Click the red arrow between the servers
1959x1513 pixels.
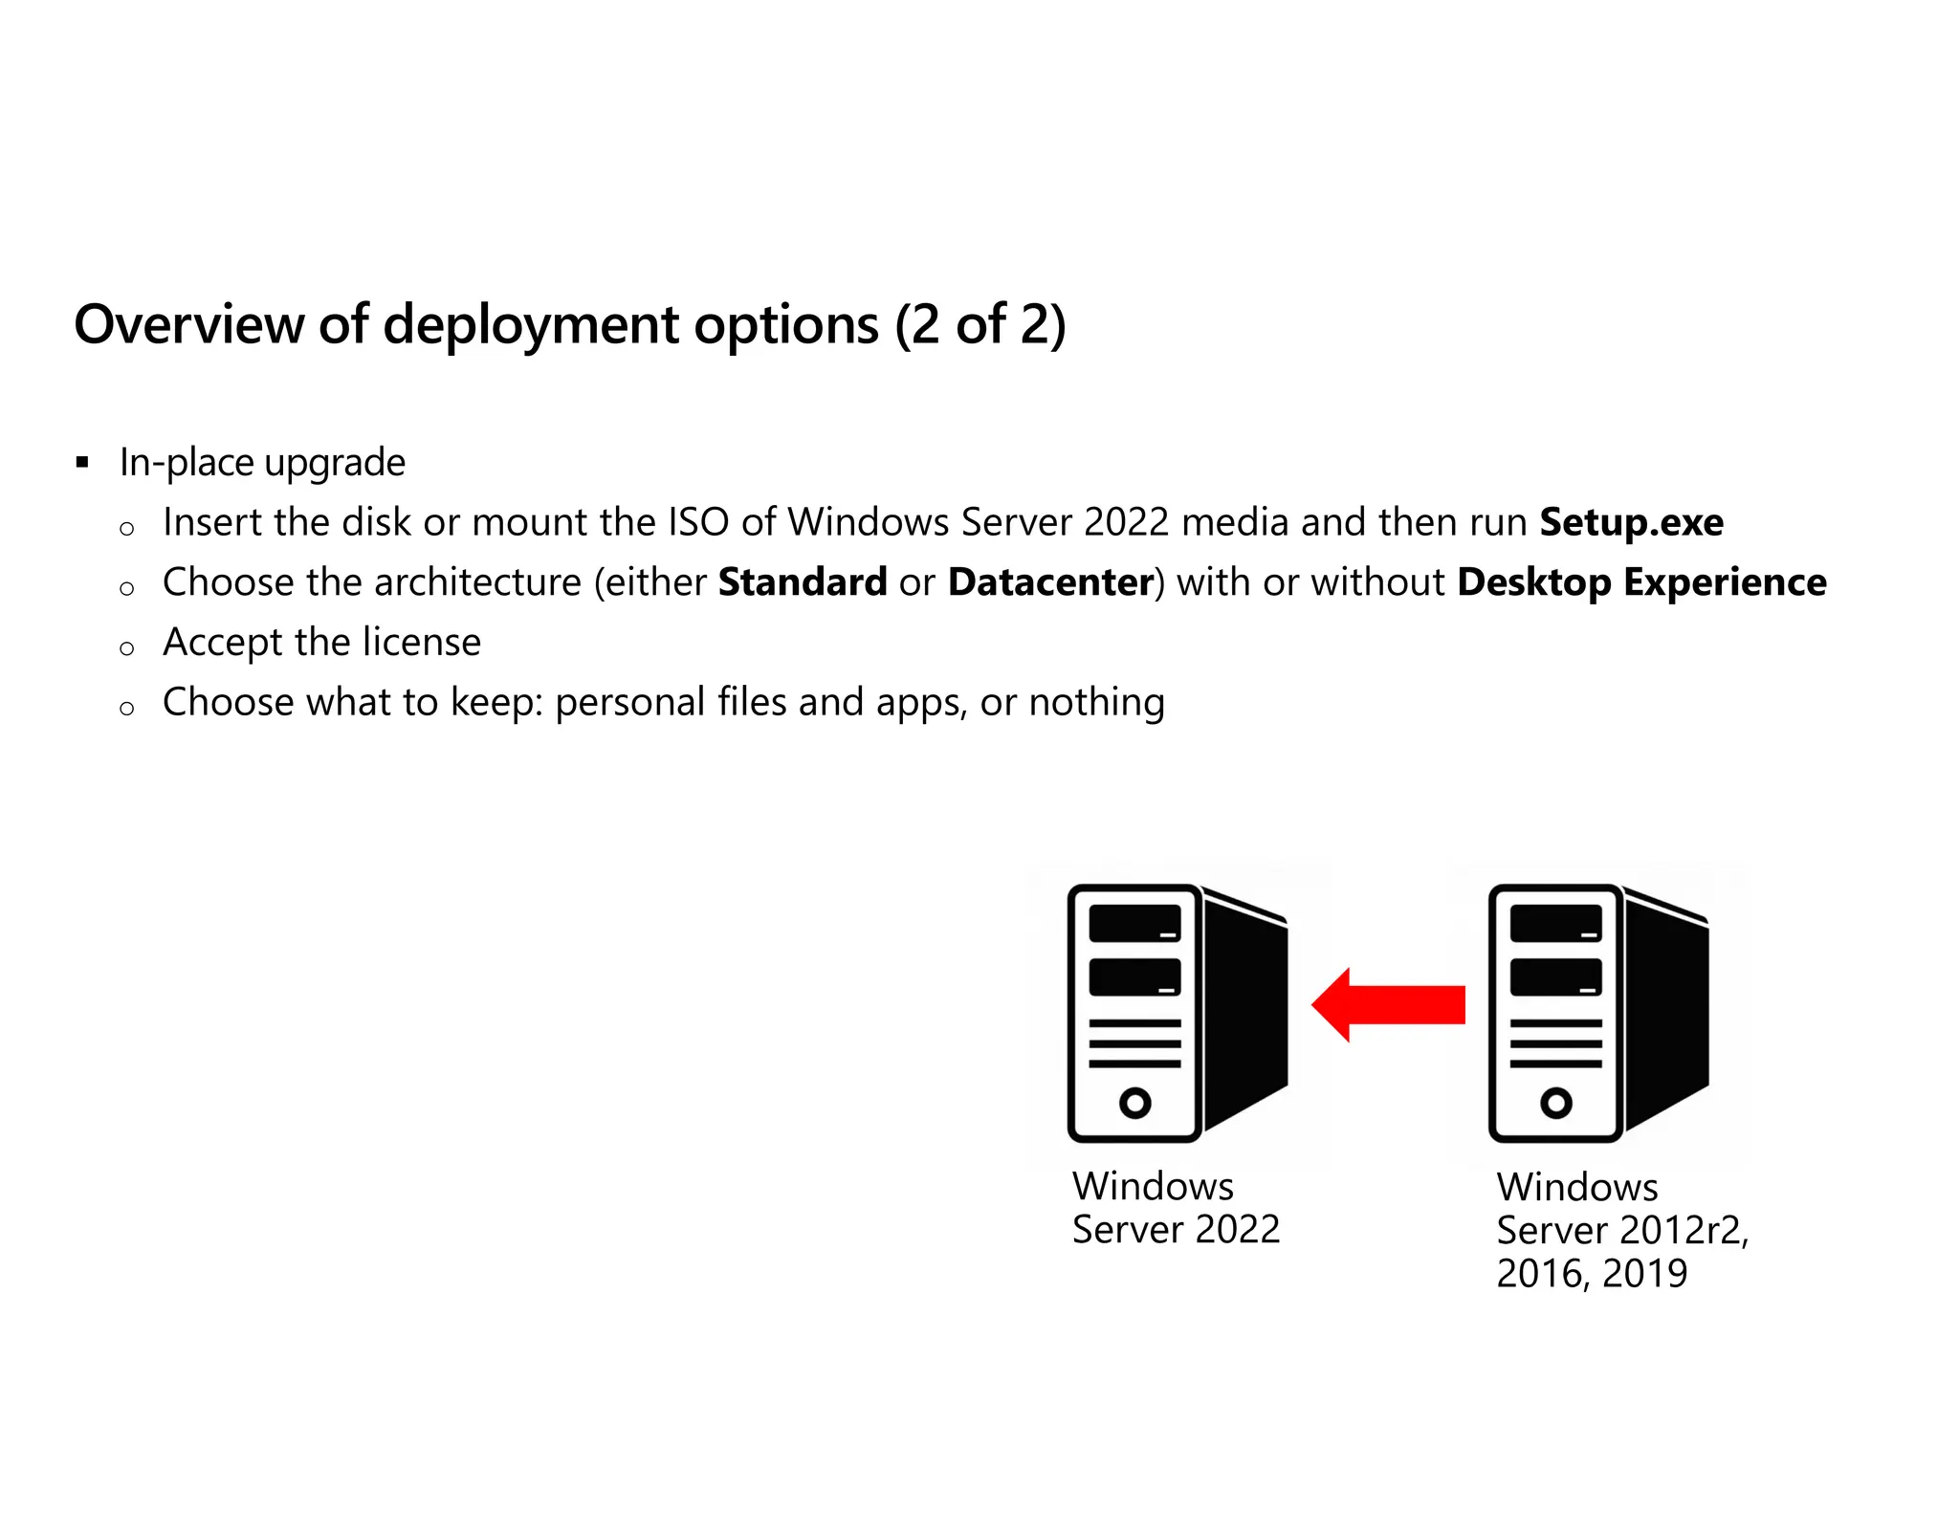pyautogui.click(x=1388, y=1004)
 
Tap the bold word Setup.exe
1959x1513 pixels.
pyautogui.click(x=1631, y=522)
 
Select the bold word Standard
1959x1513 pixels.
pyautogui.click(x=803, y=582)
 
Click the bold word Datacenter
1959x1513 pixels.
pyautogui.click(x=1050, y=582)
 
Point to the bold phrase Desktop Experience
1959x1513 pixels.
pyautogui.click(x=1641, y=582)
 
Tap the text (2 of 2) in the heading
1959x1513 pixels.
pyautogui.click(x=980, y=325)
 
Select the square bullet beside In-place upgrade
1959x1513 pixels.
pyautogui.click(x=82, y=464)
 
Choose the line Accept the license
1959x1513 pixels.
pyautogui.click(x=321, y=642)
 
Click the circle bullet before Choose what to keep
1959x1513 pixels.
pyautogui.click(x=126, y=709)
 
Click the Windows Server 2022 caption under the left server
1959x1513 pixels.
pyautogui.click(x=1175, y=1208)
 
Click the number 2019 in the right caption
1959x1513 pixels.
pyautogui.click(x=1644, y=1274)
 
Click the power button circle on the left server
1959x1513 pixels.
pyautogui.click(x=1134, y=1103)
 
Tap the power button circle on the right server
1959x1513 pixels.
pyautogui.click(x=1555, y=1103)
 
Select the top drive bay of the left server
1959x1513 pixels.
pyautogui.click(x=1134, y=923)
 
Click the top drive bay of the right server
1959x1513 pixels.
pyautogui.click(x=1555, y=923)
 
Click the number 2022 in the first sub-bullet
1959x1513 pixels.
pyautogui.click(x=1127, y=522)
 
